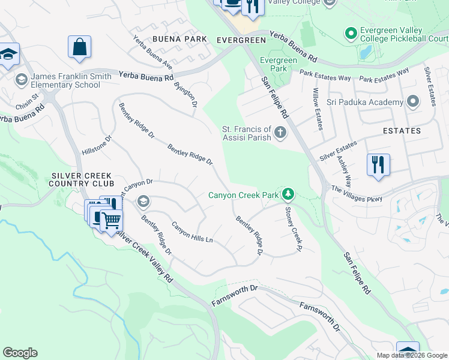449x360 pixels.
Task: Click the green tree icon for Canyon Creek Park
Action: [x=289, y=194]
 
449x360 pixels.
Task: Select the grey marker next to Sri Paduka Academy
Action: [x=413, y=102]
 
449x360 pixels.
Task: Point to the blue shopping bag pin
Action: [x=79, y=47]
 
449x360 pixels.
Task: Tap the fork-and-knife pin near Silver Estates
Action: [x=378, y=164]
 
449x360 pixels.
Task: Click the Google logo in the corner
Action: [x=20, y=353]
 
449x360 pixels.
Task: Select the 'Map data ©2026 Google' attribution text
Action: [x=412, y=355]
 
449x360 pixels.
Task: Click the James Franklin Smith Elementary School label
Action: [x=65, y=80]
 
